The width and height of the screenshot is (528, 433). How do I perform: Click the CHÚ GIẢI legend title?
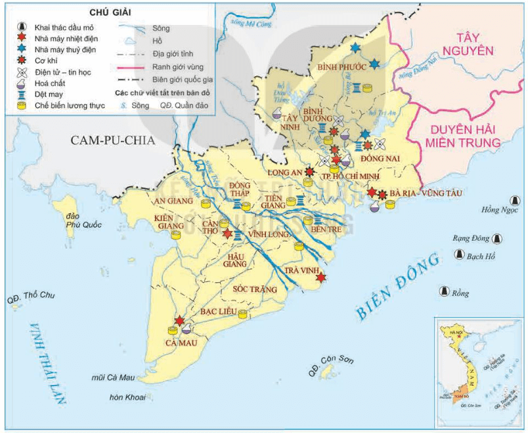tap(108, 12)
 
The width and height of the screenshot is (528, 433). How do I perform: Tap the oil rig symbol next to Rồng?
tap(444, 291)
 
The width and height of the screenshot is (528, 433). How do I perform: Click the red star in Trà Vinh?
tap(320, 278)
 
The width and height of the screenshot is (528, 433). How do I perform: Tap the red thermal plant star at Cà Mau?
tap(179, 321)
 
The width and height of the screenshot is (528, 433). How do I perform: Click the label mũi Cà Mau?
tap(113, 378)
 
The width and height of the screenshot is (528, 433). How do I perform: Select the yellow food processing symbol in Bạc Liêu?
tap(243, 314)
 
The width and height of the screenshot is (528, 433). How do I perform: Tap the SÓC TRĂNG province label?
tap(253, 288)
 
